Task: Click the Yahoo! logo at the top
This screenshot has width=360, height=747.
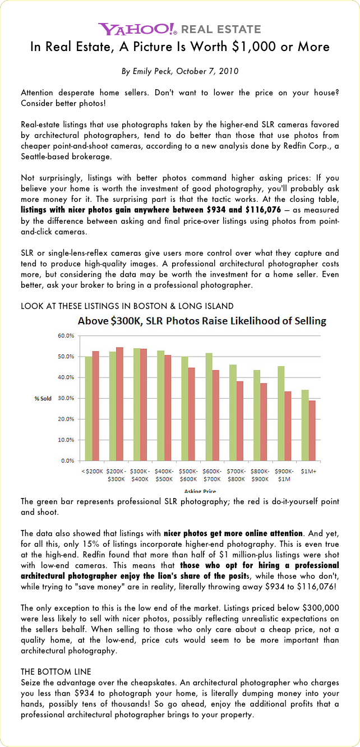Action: (138, 29)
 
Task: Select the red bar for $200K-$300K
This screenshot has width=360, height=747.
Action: (119, 404)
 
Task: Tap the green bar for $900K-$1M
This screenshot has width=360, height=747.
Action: (281, 413)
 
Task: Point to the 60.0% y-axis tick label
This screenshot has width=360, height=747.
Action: (66, 336)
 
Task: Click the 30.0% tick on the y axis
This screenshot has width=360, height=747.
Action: (66, 398)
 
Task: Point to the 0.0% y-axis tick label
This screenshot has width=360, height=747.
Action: (67, 460)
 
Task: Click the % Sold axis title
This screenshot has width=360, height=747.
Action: (43, 398)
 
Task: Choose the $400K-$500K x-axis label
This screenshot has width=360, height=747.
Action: (164, 475)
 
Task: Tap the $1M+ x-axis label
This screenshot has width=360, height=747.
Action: (309, 472)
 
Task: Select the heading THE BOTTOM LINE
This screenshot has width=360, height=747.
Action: (56, 671)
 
